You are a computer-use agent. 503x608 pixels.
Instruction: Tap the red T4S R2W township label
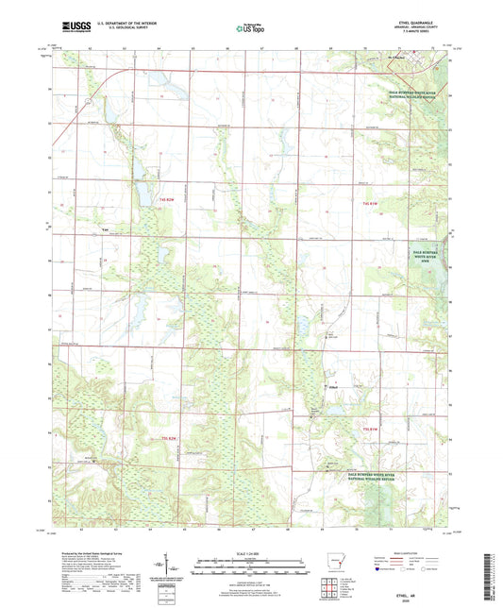point(167,202)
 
